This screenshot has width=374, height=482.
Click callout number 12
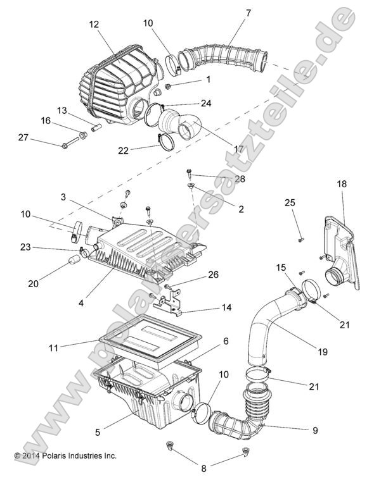(x=94, y=24)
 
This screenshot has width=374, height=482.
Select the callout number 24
(x=206, y=103)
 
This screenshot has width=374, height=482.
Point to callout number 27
(x=23, y=138)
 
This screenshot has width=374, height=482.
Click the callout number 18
(x=342, y=183)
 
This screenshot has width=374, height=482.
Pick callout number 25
(x=289, y=202)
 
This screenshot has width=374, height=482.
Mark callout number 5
(x=98, y=433)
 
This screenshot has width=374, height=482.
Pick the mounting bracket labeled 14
(x=175, y=303)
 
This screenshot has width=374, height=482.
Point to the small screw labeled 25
(x=300, y=239)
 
